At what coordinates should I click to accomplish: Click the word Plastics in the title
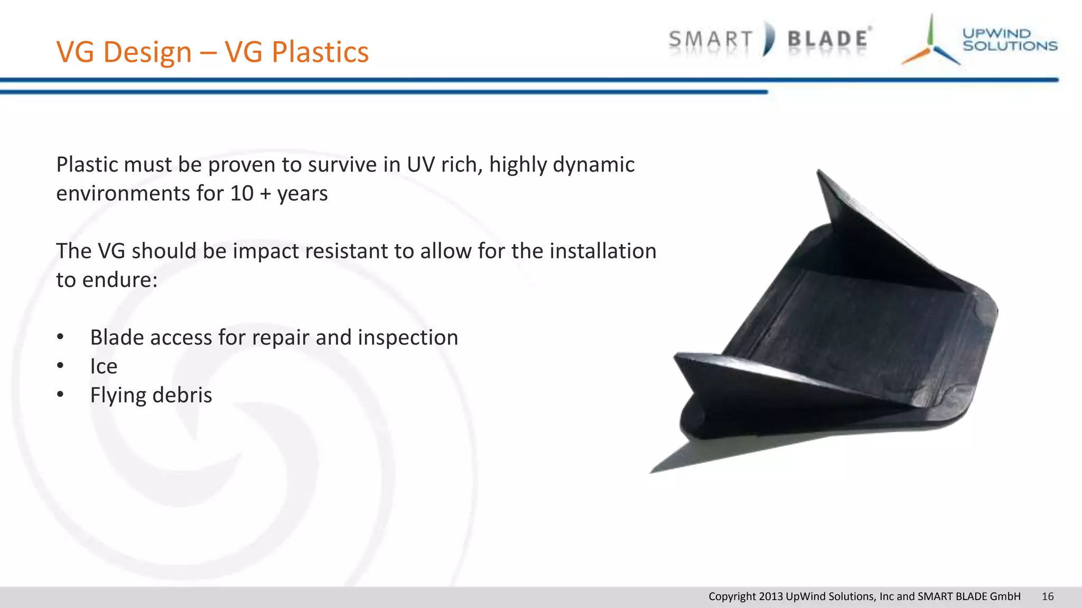320,52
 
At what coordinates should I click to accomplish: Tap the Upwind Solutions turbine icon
931,42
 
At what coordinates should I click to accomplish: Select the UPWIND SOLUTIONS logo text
1010,40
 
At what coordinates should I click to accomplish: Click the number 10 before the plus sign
242,194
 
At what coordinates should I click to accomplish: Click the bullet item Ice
104,366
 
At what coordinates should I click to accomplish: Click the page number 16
1047,596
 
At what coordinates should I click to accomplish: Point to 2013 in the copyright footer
770,596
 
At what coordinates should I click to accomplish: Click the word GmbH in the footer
1005,596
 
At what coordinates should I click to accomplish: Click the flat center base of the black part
851,338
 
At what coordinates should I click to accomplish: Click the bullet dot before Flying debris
61,394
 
